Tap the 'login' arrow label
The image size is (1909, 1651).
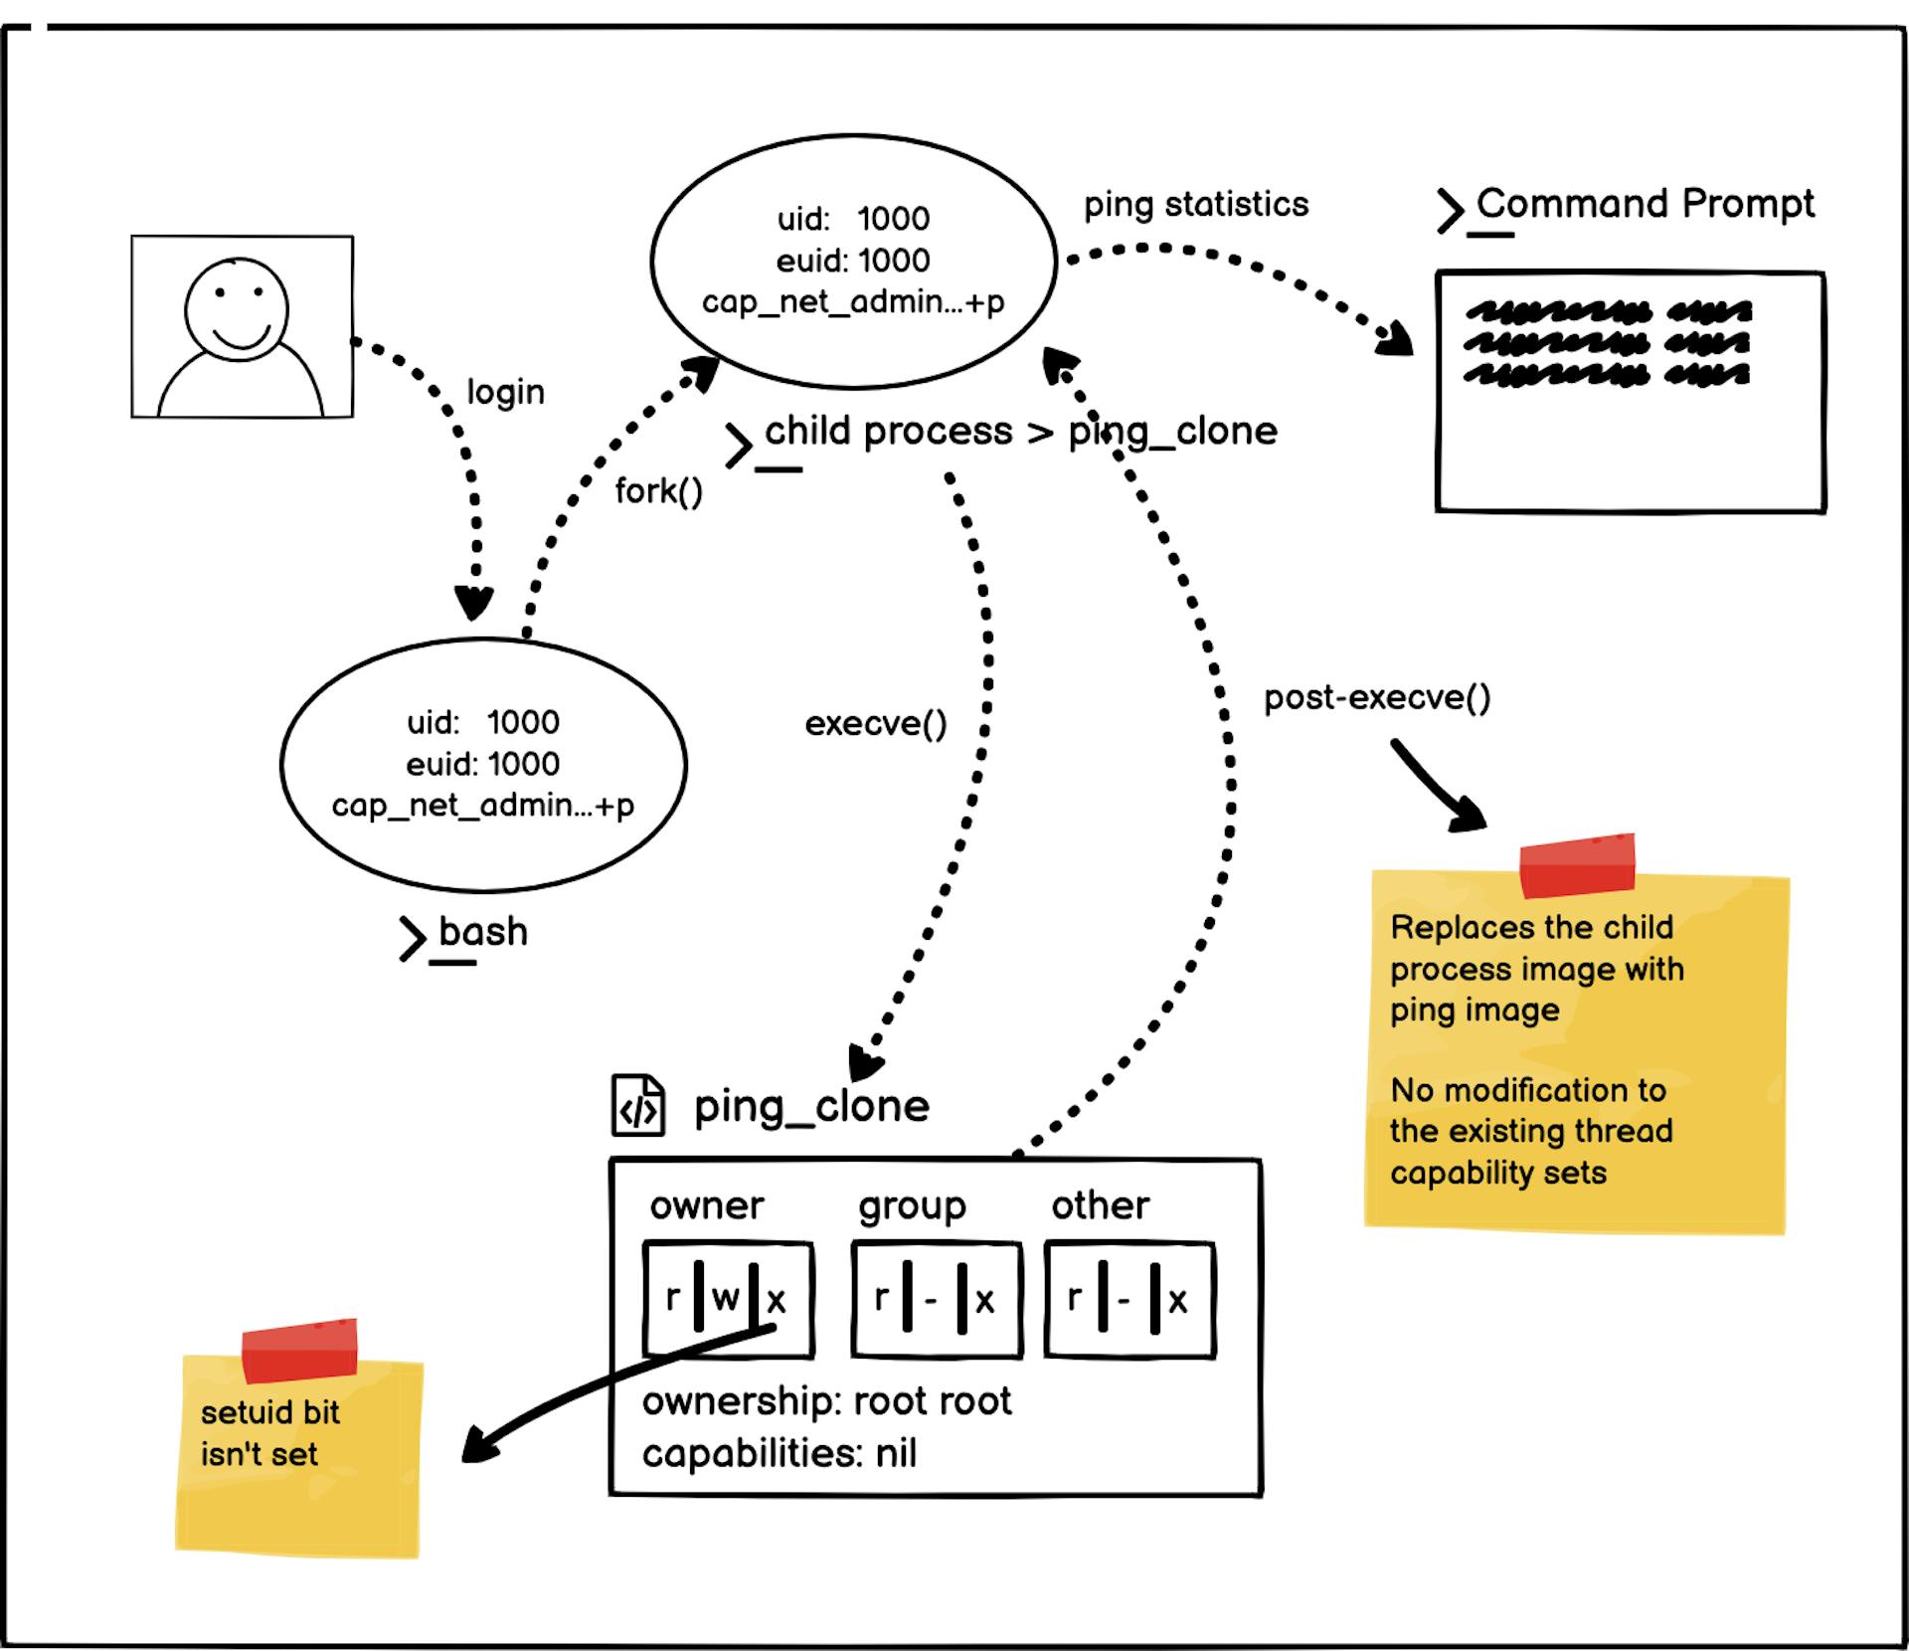click(x=505, y=392)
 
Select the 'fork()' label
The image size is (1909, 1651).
click(x=658, y=490)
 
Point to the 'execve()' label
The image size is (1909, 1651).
click(x=875, y=723)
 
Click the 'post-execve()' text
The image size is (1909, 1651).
click(x=1377, y=697)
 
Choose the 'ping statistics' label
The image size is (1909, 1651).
click(x=1195, y=204)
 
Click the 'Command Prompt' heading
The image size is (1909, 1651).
click(x=1645, y=203)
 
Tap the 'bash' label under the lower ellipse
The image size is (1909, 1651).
click(x=483, y=932)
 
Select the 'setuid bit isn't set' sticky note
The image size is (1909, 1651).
click(x=298, y=1452)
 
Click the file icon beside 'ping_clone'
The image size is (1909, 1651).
click(x=637, y=1105)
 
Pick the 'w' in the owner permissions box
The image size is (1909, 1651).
click(x=725, y=1298)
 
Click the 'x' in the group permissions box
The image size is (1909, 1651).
click(x=984, y=1300)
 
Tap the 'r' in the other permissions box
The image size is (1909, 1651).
click(x=1074, y=1298)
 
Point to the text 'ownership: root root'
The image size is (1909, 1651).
click(x=826, y=1401)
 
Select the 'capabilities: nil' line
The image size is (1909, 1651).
click(x=779, y=1453)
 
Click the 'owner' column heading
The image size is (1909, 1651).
click(x=706, y=1205)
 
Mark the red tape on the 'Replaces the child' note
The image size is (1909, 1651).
click(x=1577, y=865)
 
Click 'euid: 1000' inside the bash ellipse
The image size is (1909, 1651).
click(x=482, y=764)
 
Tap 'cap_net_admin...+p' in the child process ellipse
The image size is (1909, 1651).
click(x=852, y=301)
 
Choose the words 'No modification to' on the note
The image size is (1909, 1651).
click(x=1527, y=1090)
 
